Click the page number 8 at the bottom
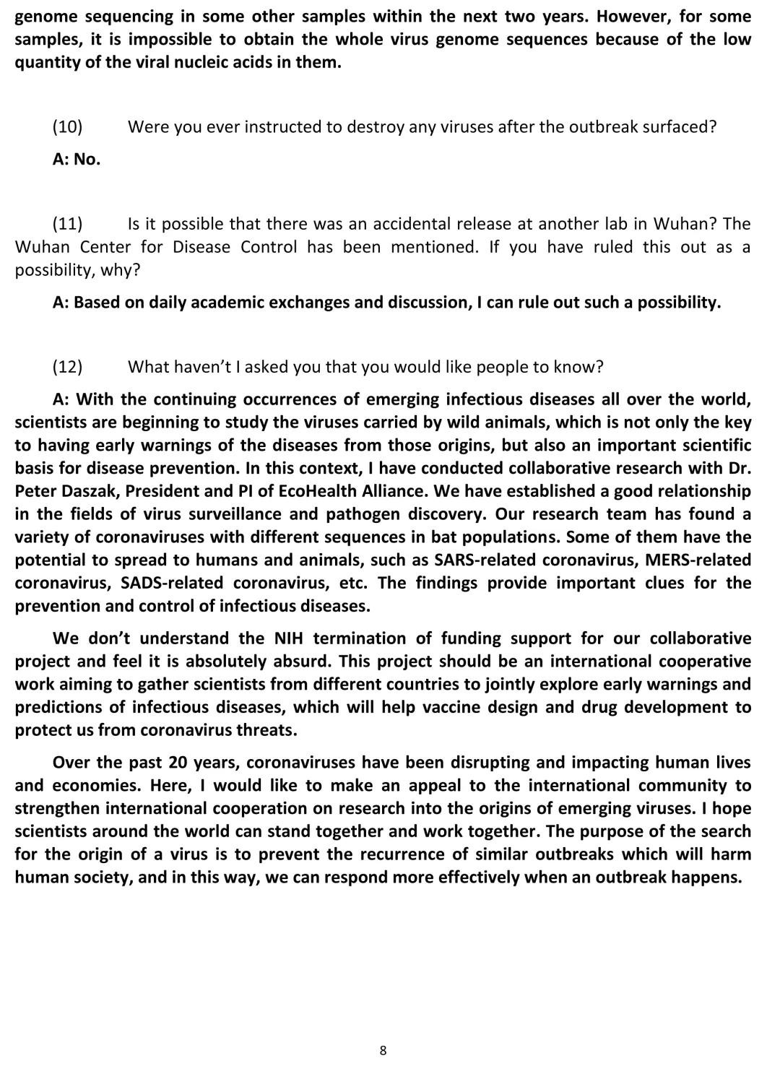click(383, 1050)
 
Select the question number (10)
click(67, 127)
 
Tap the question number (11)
click(67, 224)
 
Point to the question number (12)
click(67, 367)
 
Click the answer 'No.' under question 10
click(87, 160)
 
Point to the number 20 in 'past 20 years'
click(178, 763)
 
